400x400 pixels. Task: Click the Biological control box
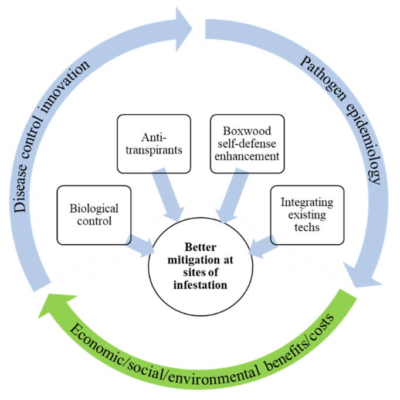(x=94, y=215)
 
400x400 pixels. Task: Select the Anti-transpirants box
(x=154, y=144)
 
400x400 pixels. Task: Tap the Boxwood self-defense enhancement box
(x=248, y=144)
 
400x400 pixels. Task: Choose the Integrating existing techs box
(x=307, y=215)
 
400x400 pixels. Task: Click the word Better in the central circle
(x=201, y=247)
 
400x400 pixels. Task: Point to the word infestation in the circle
(x=200, y=285)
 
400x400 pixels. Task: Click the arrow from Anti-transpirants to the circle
(x=167, y=194)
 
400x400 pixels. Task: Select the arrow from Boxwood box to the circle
(x=232, y=195)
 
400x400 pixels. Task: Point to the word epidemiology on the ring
(x=366, y=143)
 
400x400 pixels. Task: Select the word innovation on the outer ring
(x=63, y=86)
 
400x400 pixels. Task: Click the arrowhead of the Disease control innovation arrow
(x=184, y=29)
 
